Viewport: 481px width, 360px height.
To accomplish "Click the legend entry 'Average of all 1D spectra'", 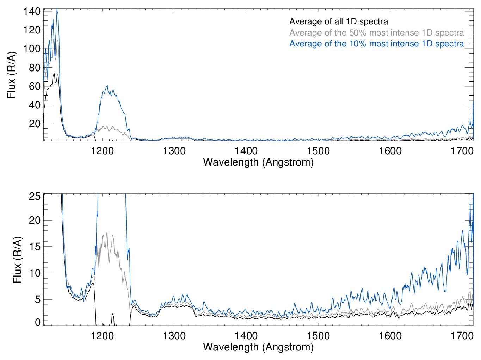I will click(x=338, y=21).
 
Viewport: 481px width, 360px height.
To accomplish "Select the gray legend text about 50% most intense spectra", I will click(x=376, y=33).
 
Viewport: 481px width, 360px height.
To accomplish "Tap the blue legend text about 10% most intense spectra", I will click(x=376, y=44).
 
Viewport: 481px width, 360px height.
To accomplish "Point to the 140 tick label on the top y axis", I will click(x=32, y=11).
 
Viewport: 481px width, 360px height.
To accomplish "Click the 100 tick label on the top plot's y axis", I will click(x=32, y=49).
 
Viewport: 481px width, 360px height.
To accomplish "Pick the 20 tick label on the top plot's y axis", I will click(x=35, y=124).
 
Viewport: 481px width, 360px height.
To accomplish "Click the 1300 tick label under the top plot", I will click(x=174, y=151).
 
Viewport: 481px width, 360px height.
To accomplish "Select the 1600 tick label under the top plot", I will click(x=390, y=151).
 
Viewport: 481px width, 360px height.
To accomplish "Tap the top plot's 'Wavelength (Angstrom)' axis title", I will click(x=258, y=162).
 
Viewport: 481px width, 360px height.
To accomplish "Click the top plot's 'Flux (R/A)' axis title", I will click(x=11, y=75).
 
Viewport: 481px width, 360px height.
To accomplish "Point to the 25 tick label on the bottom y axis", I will click(x=35, y=196).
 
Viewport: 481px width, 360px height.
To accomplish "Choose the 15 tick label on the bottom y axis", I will click(x=35, y=247).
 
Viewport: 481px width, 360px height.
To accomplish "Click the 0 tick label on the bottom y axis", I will click(x=37, y=322).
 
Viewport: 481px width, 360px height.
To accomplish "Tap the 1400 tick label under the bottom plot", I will click(x=246, y=336).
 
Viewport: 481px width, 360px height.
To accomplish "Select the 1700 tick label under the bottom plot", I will click(x=462, y=336).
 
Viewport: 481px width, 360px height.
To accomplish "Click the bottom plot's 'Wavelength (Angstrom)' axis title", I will click(x=258, y=347).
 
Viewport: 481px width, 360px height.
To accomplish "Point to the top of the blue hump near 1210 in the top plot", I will click(x=107, y=86).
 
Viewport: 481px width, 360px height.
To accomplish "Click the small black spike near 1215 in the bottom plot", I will click(x=113, y=314).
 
